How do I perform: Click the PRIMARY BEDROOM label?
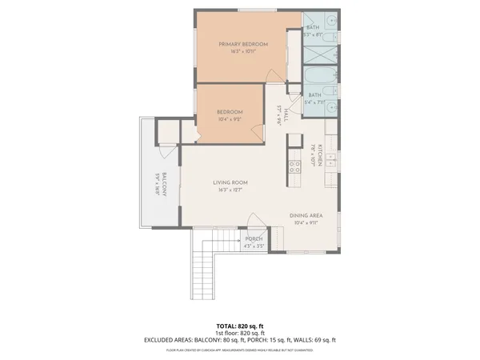pyautogui.click(x=243, y=44)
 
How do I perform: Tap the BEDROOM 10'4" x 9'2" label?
pyautogui.click(x=230, y=113)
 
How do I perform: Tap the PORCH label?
pyautogui.click(x=254, y=239)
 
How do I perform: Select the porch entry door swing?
pyautogui.click(x=255, y=225)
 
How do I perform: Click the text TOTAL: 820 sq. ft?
pyautogui.click(x=240, y=326)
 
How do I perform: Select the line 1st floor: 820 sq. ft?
pyautogui.click(x=240, y=333)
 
